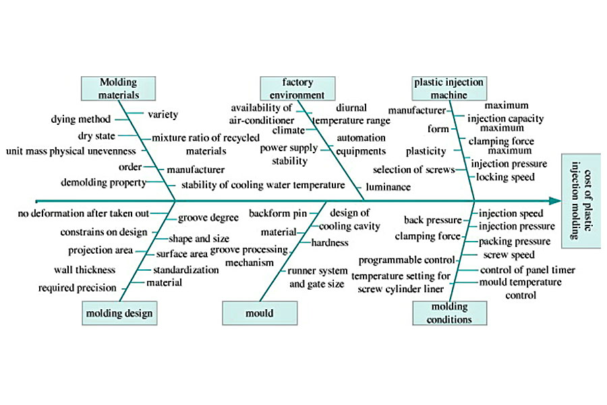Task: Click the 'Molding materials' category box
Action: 118,88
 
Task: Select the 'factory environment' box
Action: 298,88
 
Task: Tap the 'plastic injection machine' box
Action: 449,88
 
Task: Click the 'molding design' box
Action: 119,313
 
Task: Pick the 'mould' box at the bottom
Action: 259,313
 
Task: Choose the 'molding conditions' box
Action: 449,313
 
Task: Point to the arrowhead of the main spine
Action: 555,200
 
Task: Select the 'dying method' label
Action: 80,119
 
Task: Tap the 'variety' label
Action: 163,115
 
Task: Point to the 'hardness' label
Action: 330,242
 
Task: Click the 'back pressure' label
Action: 432,220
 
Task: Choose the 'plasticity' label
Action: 426,151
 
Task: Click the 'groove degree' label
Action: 208,218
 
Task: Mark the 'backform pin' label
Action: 278,213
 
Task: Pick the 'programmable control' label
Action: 401,260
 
